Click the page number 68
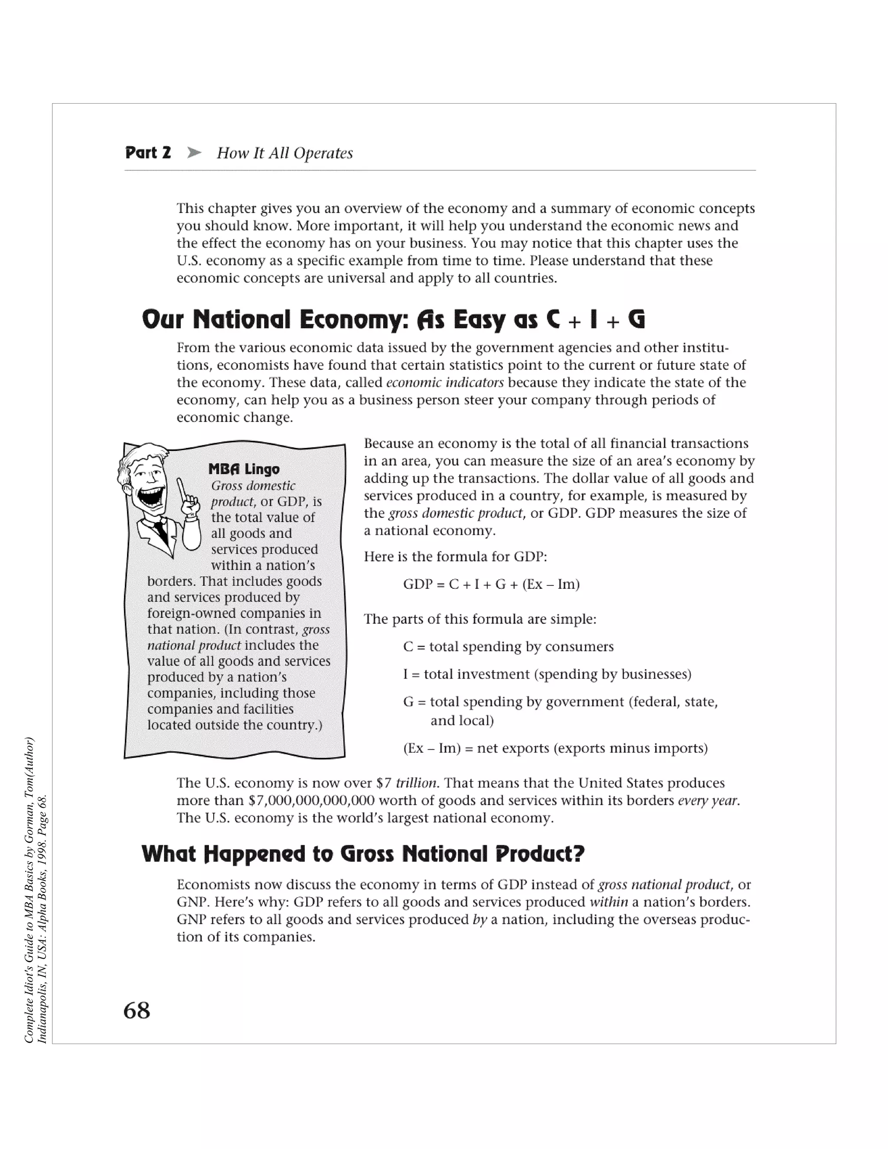coord(137,1011)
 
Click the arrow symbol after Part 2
coord(194,153)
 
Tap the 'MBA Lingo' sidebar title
coord(244,469)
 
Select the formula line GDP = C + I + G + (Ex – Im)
coord(491,584)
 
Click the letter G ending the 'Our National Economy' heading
coord(636,320)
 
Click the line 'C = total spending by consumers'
coord(508,646)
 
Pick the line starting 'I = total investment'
coord(547,675)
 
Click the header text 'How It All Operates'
coord(284,153)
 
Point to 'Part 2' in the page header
coord(148,153)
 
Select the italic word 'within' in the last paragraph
coord(609,902)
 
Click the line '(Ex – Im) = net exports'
coord(555,748)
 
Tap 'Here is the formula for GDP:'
coord(456,557)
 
